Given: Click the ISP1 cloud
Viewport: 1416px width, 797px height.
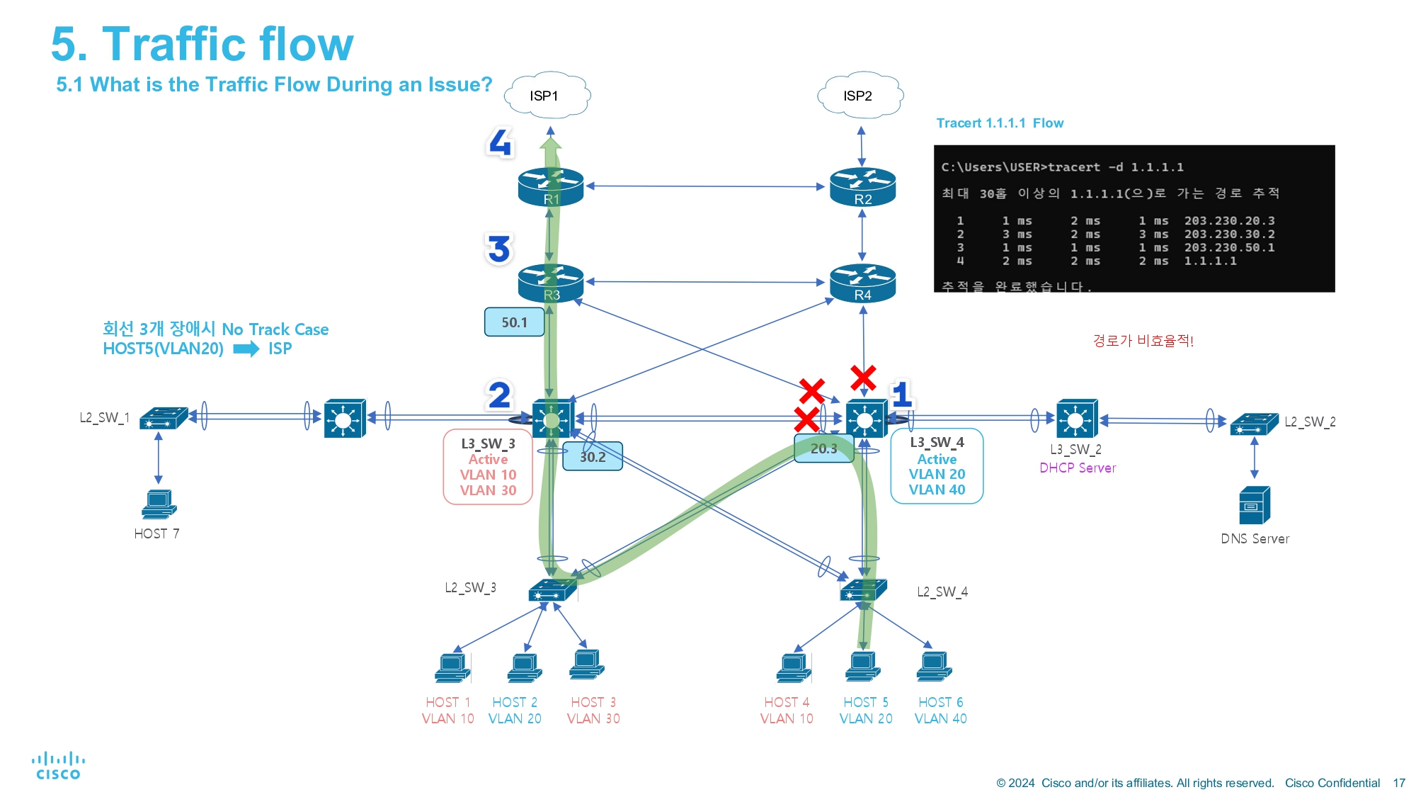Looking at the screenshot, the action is (x=547, y=95).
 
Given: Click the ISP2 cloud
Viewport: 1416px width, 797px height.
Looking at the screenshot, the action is (x=860, y=95).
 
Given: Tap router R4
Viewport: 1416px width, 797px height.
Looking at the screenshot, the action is (x=862, y=283).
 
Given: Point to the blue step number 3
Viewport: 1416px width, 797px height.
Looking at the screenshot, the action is (x=499, y=249).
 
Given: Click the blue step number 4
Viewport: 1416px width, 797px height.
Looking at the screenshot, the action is (x=500, y=142).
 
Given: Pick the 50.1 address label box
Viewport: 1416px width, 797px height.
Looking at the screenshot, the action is (x=515, y=322).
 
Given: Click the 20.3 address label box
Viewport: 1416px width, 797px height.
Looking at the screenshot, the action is (x=824, y=448).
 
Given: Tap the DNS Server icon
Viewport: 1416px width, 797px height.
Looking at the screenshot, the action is (x=1255, y=505).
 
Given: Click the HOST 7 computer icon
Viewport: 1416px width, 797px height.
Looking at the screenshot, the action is (x=159, y=504).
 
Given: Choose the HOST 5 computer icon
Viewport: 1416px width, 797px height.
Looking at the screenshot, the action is (x=863, y=667).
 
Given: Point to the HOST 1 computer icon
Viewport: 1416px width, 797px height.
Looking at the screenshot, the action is (x=452, y=667).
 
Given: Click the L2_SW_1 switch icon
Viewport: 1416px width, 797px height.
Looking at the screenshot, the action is (x=164, y=418).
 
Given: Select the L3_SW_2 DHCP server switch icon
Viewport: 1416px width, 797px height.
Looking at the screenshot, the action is (x=1077, y=419).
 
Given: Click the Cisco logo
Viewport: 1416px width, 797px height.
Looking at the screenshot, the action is (x=58, y=766).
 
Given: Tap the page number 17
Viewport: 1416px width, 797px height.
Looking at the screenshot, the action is (x=1399, y=783).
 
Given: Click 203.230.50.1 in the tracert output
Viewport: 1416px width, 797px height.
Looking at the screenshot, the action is (x=1230, y=248).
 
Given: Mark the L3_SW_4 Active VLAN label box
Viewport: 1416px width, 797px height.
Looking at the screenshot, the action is (x=937, y=466).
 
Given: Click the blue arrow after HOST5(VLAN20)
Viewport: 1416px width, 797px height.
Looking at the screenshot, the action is (x=246, y=349).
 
